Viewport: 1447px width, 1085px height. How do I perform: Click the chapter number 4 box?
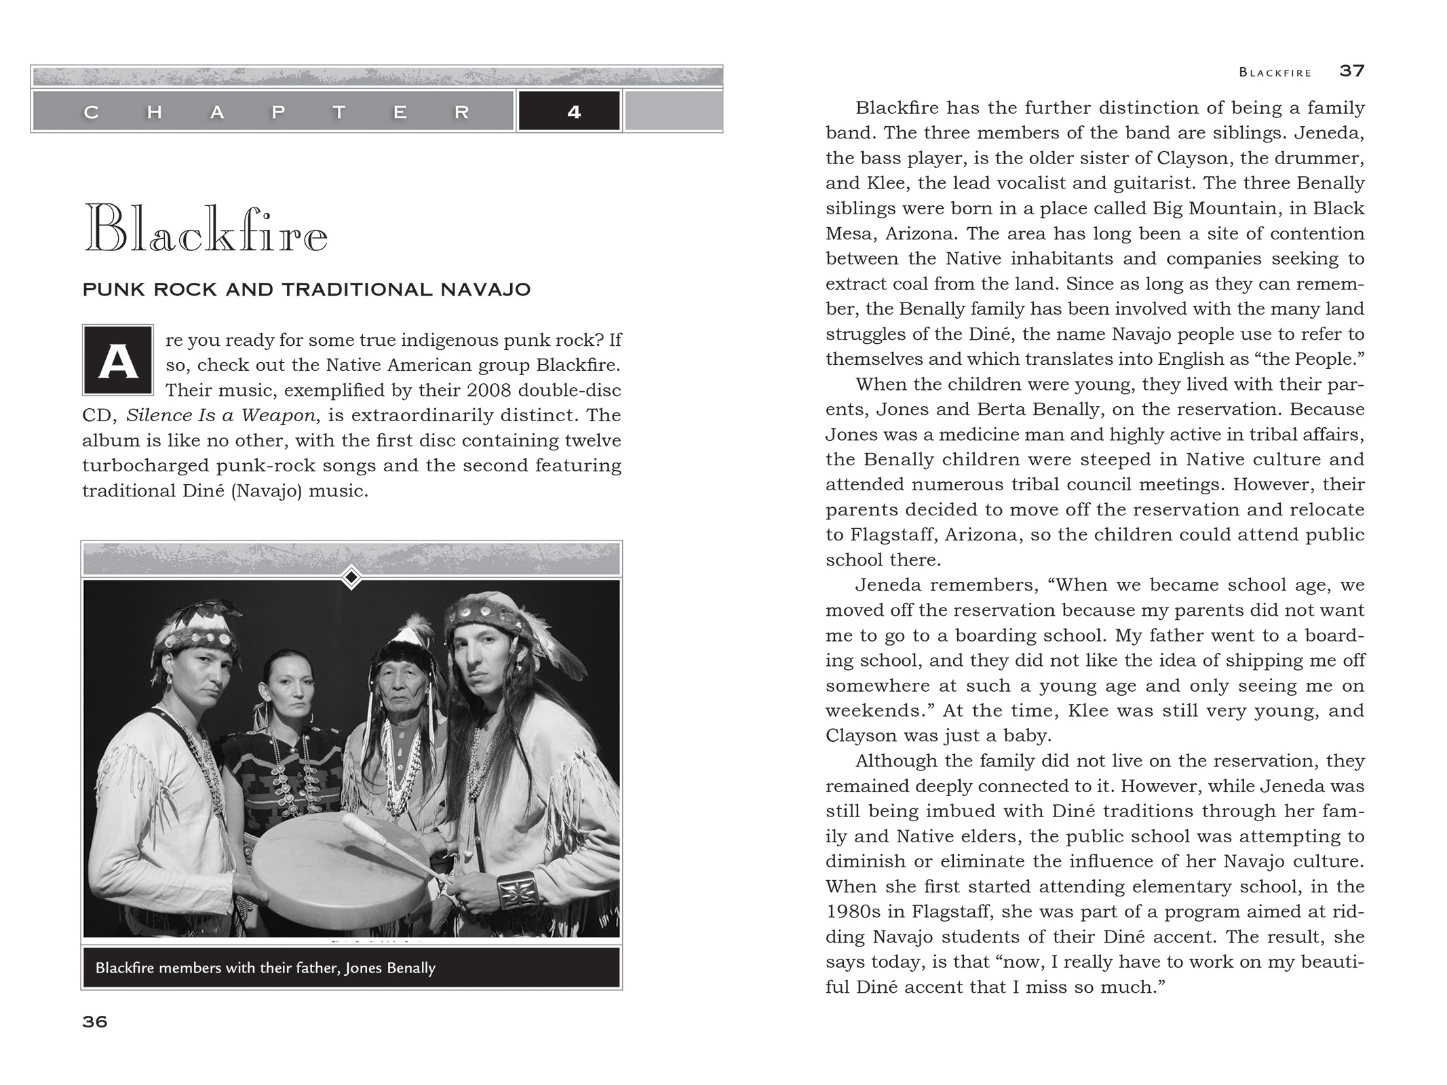point(569,111)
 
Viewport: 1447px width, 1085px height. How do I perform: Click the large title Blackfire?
point(206,229)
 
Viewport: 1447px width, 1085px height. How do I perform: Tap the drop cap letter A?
point(118,360)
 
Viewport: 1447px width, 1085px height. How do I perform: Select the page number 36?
point(95,1021)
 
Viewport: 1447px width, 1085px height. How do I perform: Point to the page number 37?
point(1351,71)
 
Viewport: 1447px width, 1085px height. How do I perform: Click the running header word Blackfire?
point(1275,72)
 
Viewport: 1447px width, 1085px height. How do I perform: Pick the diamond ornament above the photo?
point(351,578)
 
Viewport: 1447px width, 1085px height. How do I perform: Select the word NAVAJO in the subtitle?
point(486,290)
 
